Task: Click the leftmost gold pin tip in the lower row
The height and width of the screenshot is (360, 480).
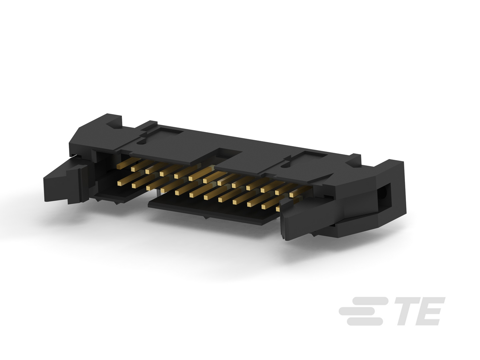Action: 119,184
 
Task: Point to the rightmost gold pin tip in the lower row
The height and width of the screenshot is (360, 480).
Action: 278,209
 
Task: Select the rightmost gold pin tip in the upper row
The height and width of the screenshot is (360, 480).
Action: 292,195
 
